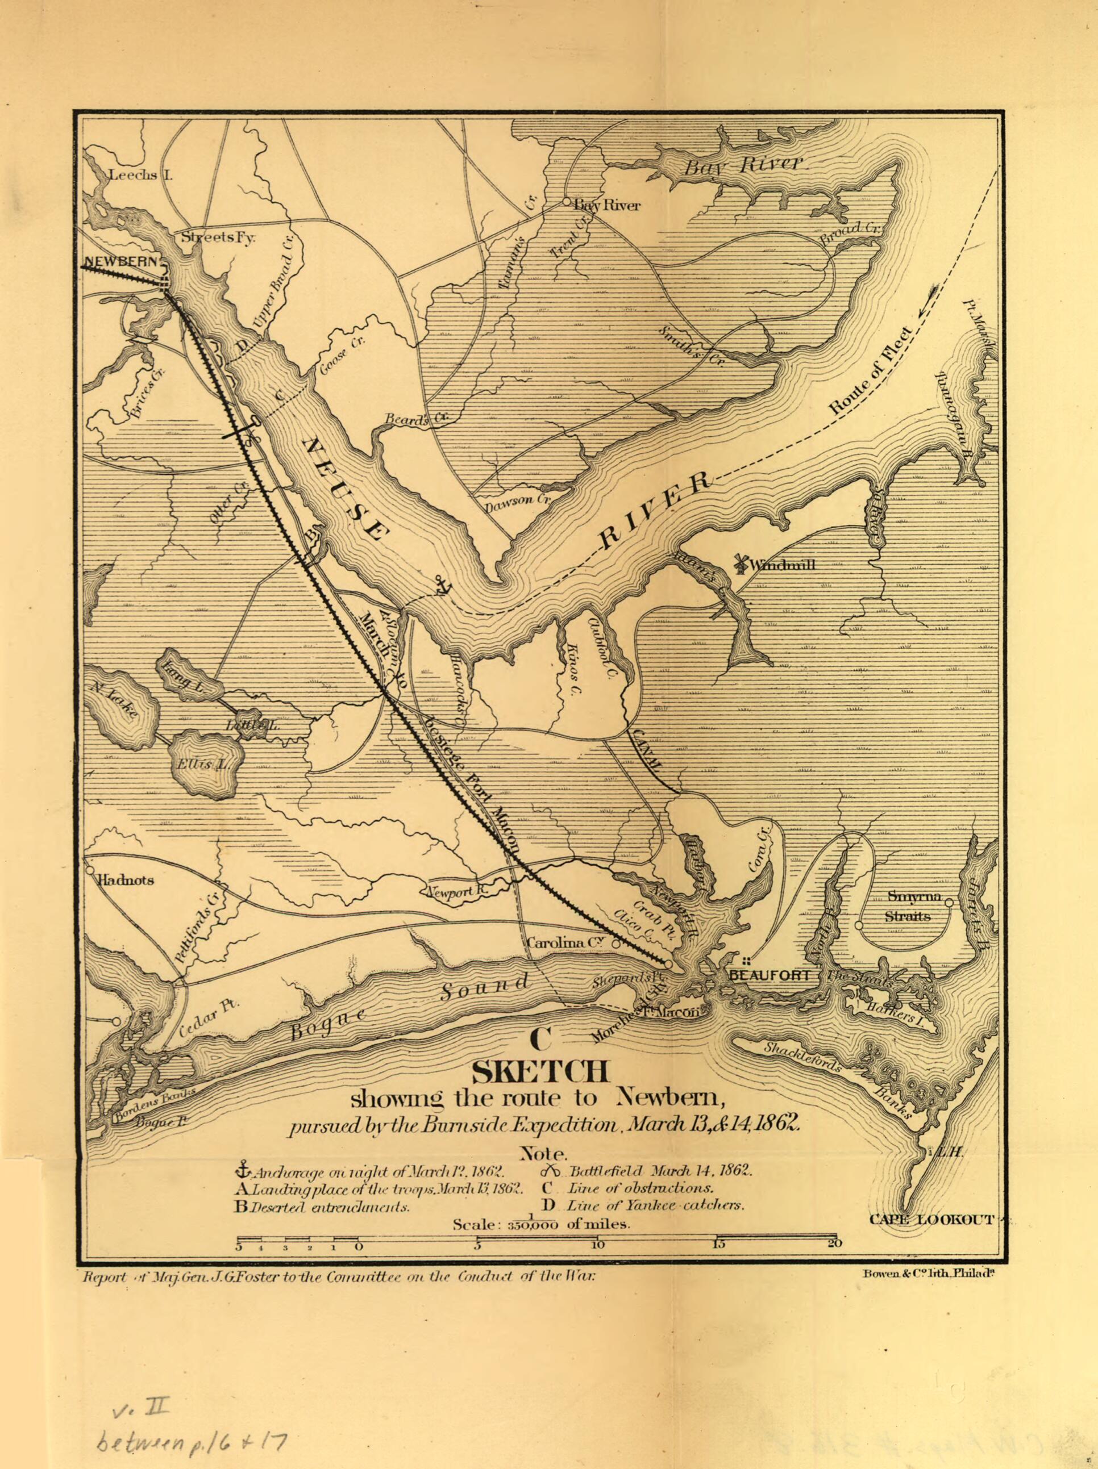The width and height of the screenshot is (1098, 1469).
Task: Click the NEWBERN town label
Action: pyautogui.click(x=121, y=262)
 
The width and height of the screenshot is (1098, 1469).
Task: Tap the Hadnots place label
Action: pyautogui.click(x=126, y=880)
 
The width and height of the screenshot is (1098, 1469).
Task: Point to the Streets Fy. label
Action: pyautogui.click(x=218, y=236)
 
